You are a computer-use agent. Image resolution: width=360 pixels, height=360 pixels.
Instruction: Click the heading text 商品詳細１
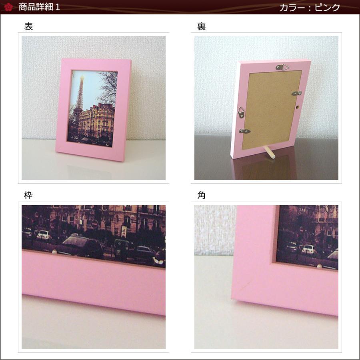pyautogui.click(x=39, y=7)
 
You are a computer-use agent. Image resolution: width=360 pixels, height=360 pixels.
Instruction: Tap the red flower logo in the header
pyautogui.click(x=8, y=7)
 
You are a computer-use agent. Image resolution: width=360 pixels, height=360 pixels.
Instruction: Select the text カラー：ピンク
pyautogui.click(x=310, y=8)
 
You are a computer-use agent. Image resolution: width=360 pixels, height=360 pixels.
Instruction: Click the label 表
pyautogui.click(x=28, y=26)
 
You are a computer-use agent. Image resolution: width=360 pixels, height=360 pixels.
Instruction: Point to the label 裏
pyautogui.click(x=201, y=26)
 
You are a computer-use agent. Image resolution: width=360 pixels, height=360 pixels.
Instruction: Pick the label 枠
pyautogui.click(x=28, y=195)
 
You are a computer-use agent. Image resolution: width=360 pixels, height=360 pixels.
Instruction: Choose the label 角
pyautogui.click(x=201, y=195)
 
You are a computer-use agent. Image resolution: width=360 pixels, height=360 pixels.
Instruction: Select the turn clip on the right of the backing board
pyautogui.click(x=297, y=93)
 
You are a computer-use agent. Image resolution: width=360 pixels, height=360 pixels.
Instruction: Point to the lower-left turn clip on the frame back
pyautogui.click(x=245, y=131)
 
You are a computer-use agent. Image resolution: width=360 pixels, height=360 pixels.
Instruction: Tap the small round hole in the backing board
pyautogui.click(x=297, y=107)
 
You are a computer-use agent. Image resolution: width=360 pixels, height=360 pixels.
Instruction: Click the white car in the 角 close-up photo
pyautogui.click(x=308, y=249)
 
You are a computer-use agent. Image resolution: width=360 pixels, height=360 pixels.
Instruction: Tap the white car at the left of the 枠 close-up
pyautogui.click(x=44, y=235)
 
